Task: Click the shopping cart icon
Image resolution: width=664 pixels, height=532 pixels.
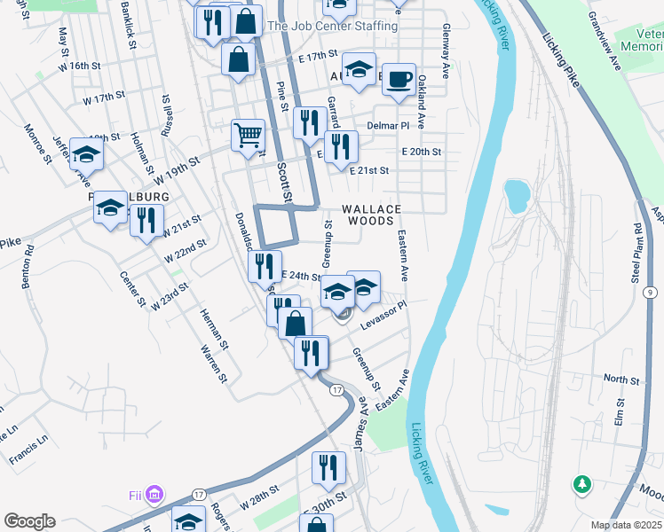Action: coord(248,136)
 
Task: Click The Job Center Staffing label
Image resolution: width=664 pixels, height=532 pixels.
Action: coord(332,27)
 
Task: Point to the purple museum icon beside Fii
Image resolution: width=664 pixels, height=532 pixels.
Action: coord(155,492)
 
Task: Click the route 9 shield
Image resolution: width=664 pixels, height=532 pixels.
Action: coord(651,292)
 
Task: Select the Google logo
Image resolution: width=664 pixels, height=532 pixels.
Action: coord(29,521)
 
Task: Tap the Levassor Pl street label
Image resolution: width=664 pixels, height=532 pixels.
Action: coord(383,317)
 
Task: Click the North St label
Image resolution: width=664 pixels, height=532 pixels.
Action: coord(621,379)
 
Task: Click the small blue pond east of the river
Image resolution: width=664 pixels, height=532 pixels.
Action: coord(515,194)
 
